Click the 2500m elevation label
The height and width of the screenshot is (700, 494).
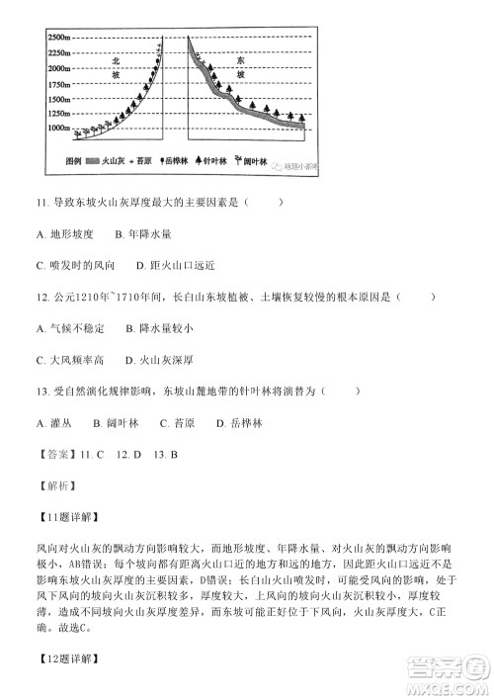[x=58, y=37]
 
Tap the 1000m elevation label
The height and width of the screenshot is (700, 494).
[x=58, y=129]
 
